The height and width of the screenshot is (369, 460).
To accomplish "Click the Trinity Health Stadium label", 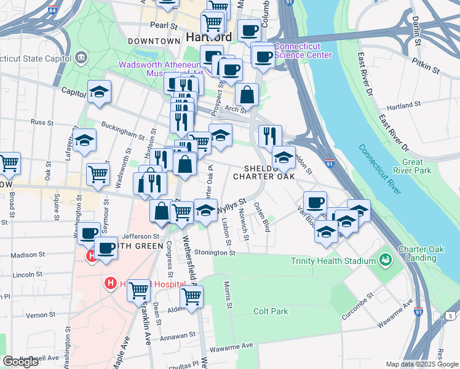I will coord(333,261).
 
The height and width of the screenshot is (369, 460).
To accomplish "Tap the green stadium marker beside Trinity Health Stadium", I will coord(386,260).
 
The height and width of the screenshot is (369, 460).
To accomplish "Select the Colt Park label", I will coord(271,311).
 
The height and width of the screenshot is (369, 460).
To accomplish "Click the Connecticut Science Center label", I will coord(303,50).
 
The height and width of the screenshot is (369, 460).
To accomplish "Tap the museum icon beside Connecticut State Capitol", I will coord(81,59).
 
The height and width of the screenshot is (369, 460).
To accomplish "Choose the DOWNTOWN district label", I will coord(153,41).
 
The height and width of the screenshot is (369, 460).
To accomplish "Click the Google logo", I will coord(21,362).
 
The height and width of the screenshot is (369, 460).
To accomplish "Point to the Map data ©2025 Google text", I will coord(422,364).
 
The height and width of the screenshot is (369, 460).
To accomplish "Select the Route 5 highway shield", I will coord(450,316).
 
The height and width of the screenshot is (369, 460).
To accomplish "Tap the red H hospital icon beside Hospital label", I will coord(111,284).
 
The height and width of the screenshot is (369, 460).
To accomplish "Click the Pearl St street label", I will coord(164,26).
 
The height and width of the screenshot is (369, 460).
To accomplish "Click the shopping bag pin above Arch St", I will coord(247,95).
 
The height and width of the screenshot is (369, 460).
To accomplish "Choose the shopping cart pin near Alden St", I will coord(192,297).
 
